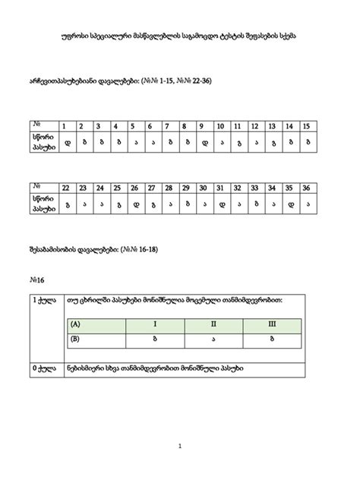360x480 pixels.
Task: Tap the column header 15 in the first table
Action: [305, 126]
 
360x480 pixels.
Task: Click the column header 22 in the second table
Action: [66, 188]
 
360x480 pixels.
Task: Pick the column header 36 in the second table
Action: [305, 188]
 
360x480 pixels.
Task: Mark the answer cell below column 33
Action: [254, 203]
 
